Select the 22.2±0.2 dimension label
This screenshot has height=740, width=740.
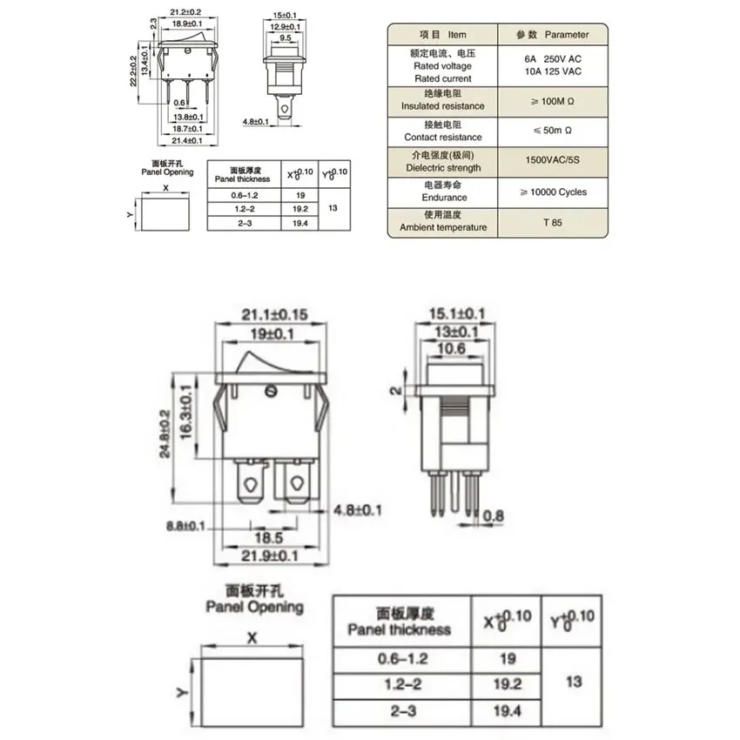133,71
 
